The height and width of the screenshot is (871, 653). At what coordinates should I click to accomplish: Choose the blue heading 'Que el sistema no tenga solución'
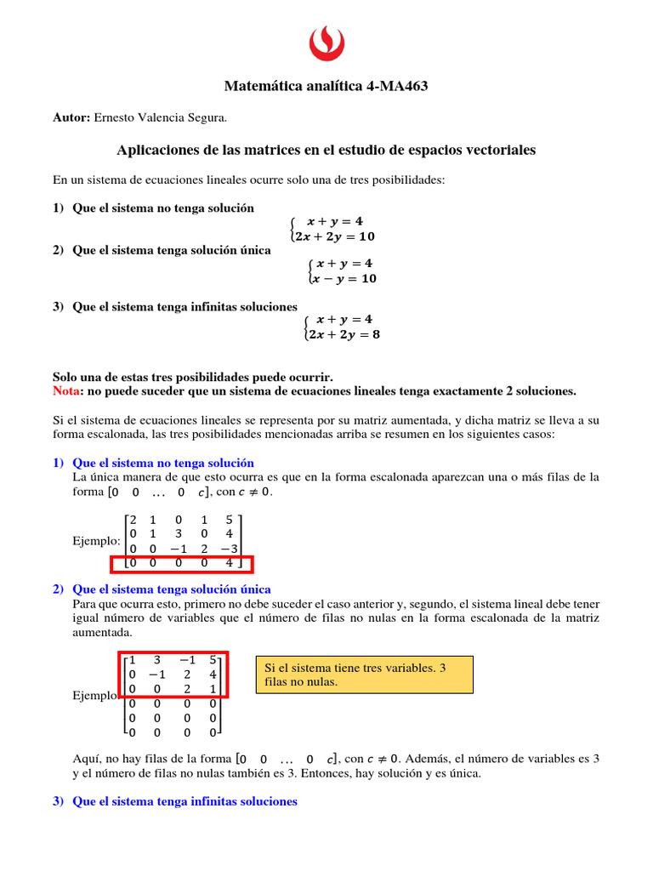tap(163, 464)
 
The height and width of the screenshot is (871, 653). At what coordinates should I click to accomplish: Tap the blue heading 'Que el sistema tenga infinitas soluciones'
tap(185, 801)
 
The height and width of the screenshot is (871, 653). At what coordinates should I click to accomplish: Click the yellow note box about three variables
tap(364, 675)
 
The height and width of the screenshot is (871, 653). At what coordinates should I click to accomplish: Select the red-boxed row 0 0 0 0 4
tap(182, 563)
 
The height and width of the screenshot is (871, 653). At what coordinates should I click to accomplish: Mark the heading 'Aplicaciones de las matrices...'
tap(326, 150)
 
